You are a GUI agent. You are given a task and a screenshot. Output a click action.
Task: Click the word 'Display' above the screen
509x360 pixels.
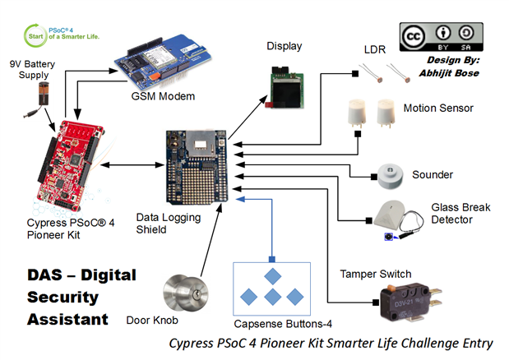[x=284, y=46]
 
